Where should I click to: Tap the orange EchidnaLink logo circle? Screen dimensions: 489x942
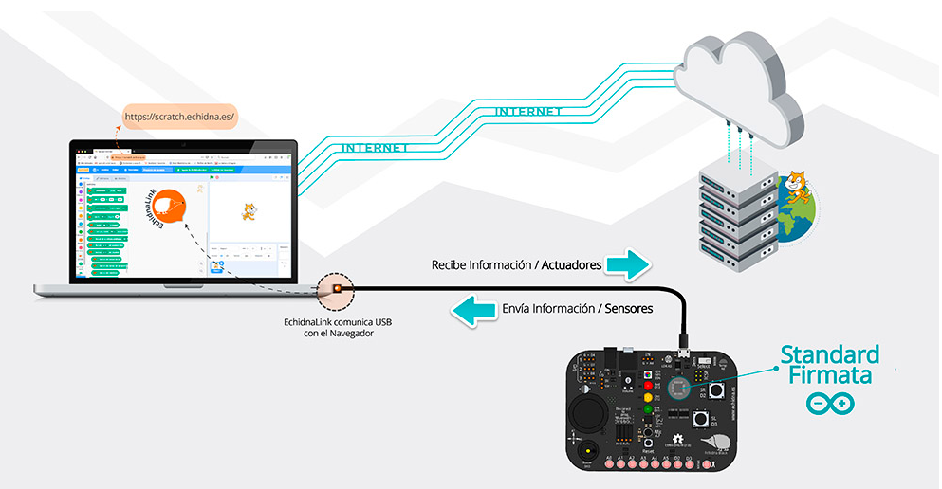click(x=172, y=208)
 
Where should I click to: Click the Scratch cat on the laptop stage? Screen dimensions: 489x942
click(x=248, y=211)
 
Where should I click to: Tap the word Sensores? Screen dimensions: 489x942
click(x=628, y=309)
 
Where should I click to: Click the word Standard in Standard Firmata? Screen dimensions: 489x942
click(x=829, y=355)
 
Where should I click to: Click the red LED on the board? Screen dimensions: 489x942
click(x=649, y=385)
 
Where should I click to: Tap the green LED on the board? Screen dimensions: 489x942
click(x=649, y=411)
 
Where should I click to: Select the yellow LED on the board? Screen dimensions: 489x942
click(x=649, y=398)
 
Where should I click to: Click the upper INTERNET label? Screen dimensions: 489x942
click(x=528, y=112)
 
